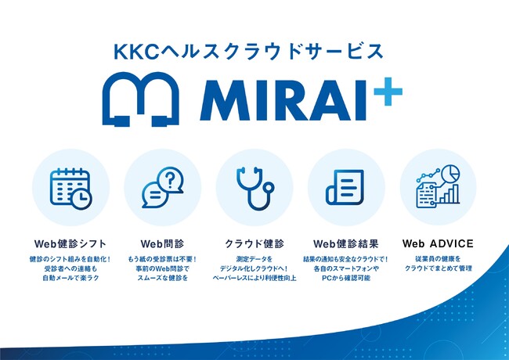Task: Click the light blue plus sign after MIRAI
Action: coord(388,92)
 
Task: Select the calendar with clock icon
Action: coord(70,189)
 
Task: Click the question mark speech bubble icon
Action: coord(163,187)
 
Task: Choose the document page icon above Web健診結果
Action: coord(345,188)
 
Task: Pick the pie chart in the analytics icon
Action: coord(451,174)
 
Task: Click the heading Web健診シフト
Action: coord(70,243)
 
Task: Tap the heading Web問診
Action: coord(162,243)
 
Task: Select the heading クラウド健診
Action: coord(254,243)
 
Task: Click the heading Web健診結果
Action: coord(346,243)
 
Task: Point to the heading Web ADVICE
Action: coord(438,243)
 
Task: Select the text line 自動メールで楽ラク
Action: coord(70,278)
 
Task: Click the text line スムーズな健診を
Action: coord(163,278)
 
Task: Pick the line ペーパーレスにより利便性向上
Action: coord(254,278)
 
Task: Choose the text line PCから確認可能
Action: coord(346,278)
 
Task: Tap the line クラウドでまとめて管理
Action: coord(439,268)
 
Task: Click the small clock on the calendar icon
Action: coord(81,199)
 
